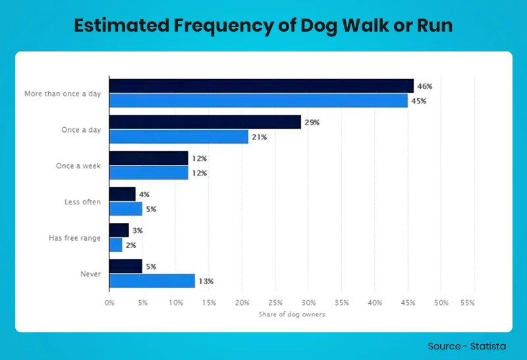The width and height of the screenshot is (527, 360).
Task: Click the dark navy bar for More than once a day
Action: point(261,86)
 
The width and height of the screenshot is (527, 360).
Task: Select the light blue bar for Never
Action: point(152,281)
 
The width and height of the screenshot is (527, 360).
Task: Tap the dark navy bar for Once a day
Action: point(205,123)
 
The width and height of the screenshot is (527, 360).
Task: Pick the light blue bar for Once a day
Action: point(179,137)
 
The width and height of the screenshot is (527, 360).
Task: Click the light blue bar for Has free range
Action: point(116,245)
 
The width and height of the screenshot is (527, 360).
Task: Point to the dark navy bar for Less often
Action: point(123,195)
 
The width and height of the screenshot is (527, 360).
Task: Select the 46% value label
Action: point(425,86)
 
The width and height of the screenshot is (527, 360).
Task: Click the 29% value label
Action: point(312,123)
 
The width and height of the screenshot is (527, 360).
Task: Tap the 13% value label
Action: point(206,282)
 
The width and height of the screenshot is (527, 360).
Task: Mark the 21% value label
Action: point(259,137)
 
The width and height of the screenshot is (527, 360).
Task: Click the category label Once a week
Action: point(78,166)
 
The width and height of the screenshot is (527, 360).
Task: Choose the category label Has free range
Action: point(74,238)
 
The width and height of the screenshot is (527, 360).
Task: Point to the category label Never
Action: point(90,274)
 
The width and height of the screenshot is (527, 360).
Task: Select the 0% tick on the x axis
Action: point(109,303)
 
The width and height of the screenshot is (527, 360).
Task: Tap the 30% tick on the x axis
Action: point(308,303)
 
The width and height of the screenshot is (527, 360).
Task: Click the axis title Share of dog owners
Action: point(292,315)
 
